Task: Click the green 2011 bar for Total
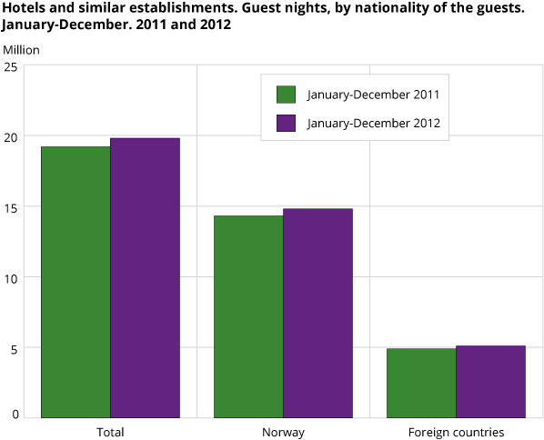[76, 282]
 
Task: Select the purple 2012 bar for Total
[145, 278]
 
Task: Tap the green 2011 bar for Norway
[248, 316]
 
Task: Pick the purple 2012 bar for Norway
[317, 314]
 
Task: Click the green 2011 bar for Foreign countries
[421, 383]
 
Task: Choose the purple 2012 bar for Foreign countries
[490, 382]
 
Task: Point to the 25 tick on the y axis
[11, 66]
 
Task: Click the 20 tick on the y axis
[11, 136]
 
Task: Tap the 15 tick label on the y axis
[11, 206]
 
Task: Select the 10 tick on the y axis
[11, 276]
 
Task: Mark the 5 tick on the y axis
[15, 346]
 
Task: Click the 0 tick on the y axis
[15, 415]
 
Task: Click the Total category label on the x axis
[110, 432]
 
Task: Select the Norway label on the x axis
[283, 432]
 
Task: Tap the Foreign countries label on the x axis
[456, 432]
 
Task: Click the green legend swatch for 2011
[287, 95]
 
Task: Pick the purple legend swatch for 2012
[287, 123]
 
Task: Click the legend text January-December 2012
[374, 123]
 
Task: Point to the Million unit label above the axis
[21, 49]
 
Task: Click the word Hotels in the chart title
[23, 7]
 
